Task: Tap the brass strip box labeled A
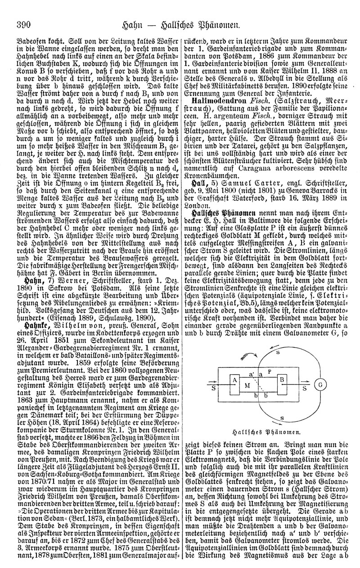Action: [234, 380]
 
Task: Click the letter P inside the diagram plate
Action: [270, 371]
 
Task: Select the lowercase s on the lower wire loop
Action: [282, 418]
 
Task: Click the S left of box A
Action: [212, 386]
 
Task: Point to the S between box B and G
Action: [305, 386]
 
